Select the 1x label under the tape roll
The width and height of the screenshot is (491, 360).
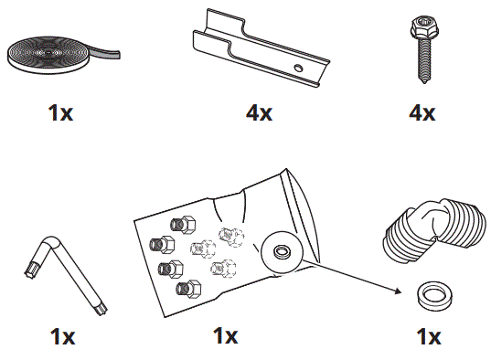[x=62, y=113]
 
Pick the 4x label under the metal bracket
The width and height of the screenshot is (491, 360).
[x=259, y=113]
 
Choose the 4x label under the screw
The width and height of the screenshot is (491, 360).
[x=422, y=113]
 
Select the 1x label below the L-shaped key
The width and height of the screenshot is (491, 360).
[x=62, y=337]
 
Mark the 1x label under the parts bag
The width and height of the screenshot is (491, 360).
[x=226, y=337]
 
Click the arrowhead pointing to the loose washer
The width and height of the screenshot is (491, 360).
[x=400, y=291]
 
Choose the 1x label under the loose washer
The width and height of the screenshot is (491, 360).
[x=427, y=337]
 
